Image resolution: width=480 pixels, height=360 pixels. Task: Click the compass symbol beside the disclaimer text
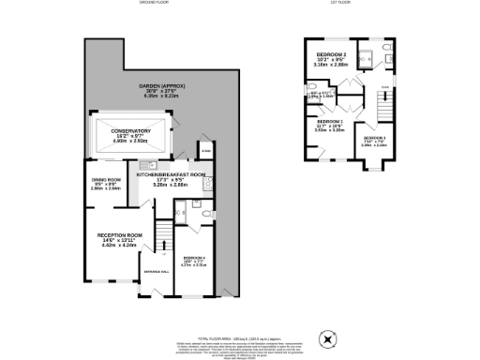click(327, 338)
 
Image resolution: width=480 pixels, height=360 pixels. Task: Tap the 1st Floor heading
click(342, 4)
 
